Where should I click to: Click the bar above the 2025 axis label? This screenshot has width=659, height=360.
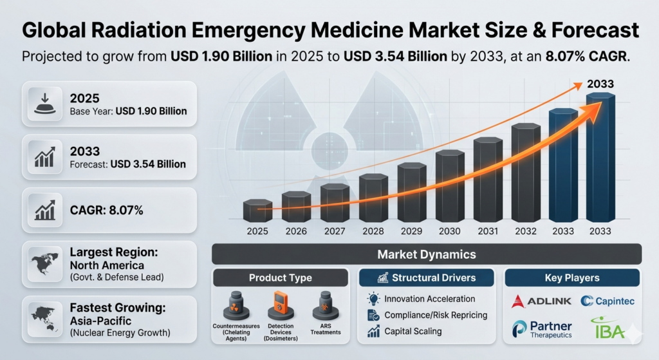point(258,211)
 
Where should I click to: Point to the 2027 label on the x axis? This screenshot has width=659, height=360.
point(334,231)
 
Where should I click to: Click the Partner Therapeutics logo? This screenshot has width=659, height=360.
point(541,329)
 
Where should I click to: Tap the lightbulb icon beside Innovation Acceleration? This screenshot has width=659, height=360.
point(373,299)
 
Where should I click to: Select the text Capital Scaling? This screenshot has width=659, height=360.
point(413,332)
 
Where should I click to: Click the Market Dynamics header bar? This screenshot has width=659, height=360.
point(426,254)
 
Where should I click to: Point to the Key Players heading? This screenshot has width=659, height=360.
point(571,278)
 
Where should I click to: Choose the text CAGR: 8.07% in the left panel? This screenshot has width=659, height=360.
point(106,210)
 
